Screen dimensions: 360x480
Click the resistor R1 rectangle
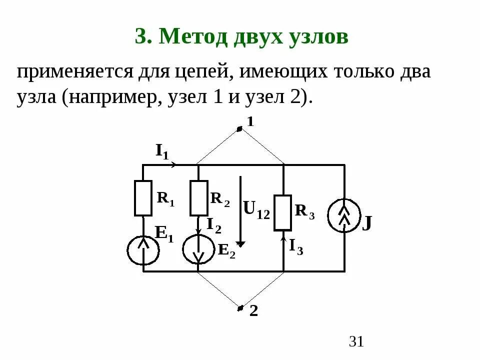(x=143, y=198)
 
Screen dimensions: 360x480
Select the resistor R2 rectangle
(x=198, y=198)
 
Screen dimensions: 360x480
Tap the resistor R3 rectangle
(x=283, y=212)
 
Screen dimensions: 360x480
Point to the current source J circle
(x=344, y=216)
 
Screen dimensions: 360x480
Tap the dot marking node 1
(x=239, y=129)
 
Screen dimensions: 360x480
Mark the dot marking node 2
(x=240, y=307)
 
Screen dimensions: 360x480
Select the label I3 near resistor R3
(x=296, y=246)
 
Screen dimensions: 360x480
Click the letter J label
(x=366, y=223)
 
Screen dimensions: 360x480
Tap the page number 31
(x=356, y=341)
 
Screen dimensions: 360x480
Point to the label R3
(x=304, y=211)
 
